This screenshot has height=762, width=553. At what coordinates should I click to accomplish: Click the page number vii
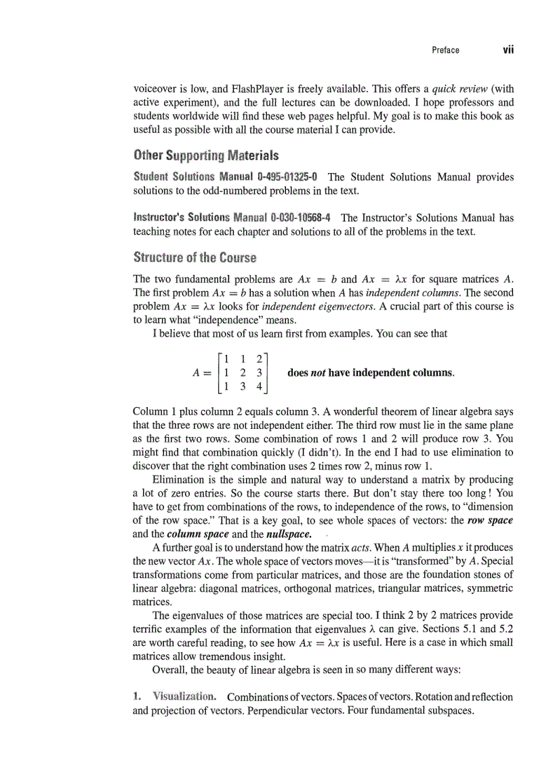[x=508, y=50]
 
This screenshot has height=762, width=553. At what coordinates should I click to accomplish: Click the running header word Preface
[x=445, y=50]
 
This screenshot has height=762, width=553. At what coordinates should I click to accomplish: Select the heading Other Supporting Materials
[x=206, y=155]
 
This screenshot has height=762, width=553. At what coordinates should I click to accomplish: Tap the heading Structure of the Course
[x=195, y=257]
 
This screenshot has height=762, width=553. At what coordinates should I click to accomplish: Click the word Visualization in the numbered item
[x=184, y=697]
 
